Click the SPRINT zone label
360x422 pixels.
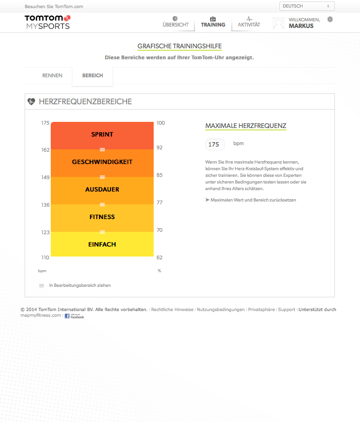(102, 135)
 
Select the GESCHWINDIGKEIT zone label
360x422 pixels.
(102, 162)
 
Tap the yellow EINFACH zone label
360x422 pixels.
(102, 245)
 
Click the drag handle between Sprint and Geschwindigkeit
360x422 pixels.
(102, 150)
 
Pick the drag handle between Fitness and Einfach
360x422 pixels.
(102, 232)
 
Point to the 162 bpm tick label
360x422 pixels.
(45, 150)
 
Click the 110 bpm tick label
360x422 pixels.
(45, 257)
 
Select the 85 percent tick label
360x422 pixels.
(160, 175)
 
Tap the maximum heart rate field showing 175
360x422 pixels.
(214, 145)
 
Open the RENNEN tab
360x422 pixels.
(52, 75)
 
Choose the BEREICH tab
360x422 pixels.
(92, 75)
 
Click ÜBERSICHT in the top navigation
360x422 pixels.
(175, 22)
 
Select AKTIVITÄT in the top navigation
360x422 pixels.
(249, 22)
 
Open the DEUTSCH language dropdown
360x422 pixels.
(307, 6)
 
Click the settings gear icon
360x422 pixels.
(330, 19)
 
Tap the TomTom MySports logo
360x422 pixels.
(47, 22)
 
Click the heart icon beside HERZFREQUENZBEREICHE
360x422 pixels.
(31, 101)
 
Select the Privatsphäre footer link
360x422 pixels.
(261, 310)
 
